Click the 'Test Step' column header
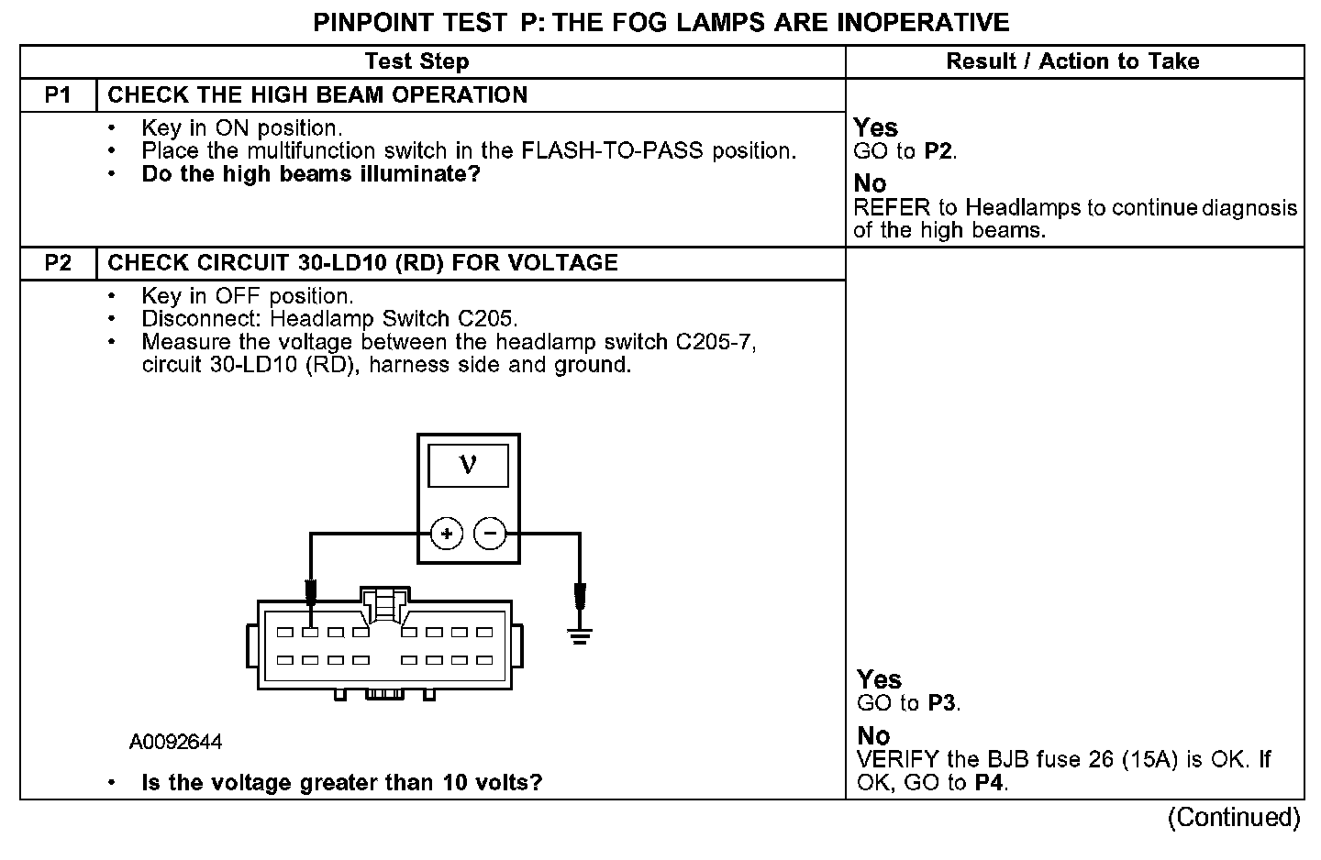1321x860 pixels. coord(416,61)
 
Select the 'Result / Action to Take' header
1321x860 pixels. coord(1072,61)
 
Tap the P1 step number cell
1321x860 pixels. coord(58,95)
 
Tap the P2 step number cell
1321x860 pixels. coord(58,263)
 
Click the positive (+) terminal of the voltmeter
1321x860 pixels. coord(447,534)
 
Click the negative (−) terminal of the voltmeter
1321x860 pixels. coord(490,534)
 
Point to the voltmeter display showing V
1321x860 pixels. coord(468,465)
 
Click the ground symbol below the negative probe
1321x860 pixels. coord(579,634)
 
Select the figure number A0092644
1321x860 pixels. coord(175,742)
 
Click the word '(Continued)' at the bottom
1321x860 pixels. coord(1234,817)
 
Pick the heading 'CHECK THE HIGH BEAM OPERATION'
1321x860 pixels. coord(317,95)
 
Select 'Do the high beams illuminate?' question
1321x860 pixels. coord(311,174)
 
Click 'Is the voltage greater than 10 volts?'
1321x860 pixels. coord(342,782)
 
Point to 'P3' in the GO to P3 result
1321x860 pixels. coord(942,703)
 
